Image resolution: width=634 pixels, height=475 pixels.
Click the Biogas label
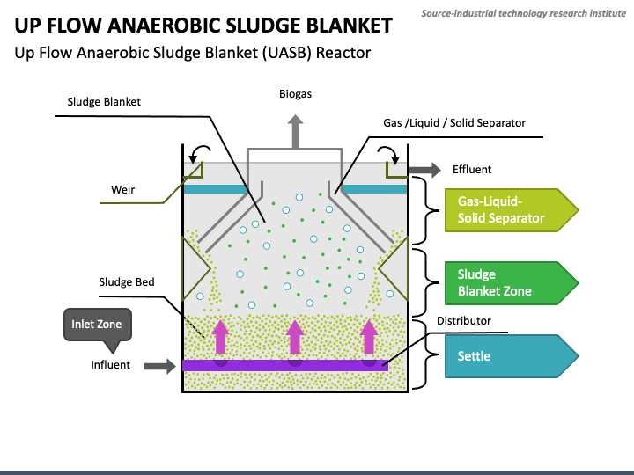point(295,94)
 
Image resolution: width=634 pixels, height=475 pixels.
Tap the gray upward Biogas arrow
point(296,132)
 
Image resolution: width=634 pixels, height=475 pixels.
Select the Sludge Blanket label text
point(104,102)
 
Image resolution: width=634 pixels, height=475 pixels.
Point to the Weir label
point(123,189)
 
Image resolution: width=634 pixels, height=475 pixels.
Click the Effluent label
point(472,169)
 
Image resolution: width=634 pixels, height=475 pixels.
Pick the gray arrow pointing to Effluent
point(425,170)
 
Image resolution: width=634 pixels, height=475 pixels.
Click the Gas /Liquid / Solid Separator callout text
point(454,123)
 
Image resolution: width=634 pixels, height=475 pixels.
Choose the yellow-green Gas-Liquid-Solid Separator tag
point(512,210)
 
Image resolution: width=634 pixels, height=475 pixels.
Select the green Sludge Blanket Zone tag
point(512,282)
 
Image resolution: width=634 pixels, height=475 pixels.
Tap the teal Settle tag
point(512,356)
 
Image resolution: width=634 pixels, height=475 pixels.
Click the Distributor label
point(464,321)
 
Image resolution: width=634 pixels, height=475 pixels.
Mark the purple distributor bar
point(285,365)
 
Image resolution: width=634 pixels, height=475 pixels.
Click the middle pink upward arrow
point(295,337)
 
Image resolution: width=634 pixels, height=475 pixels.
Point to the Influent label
point(110,365)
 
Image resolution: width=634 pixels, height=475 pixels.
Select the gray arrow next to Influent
point(159,366)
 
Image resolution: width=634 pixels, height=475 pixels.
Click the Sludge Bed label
point(127,282)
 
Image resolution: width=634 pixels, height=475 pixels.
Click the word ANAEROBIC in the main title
point(165,26)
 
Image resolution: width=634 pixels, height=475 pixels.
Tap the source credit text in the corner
point(524,13)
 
